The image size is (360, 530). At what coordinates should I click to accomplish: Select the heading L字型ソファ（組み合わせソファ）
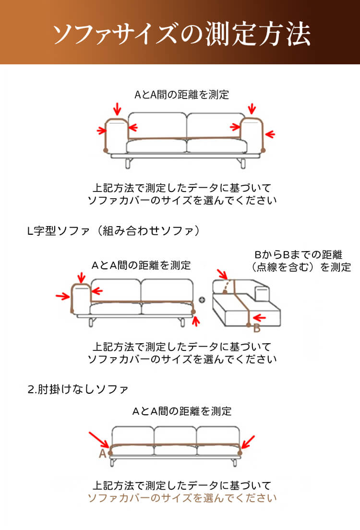[x=113, y=231]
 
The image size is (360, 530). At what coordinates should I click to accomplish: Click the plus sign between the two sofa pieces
[x=202, y=300]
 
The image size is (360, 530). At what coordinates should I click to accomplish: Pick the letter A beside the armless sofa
[x=102, y=454]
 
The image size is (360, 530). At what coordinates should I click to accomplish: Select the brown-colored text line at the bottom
[x=182, y=498]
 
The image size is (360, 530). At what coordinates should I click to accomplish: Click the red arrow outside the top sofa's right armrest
[x=270, y=134]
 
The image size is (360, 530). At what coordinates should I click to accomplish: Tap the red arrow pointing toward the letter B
[x=260, y=317]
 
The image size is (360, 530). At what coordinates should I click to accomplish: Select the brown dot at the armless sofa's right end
[x=240, y=453]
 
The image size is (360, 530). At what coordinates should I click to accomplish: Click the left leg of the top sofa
[x=128, y=164]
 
